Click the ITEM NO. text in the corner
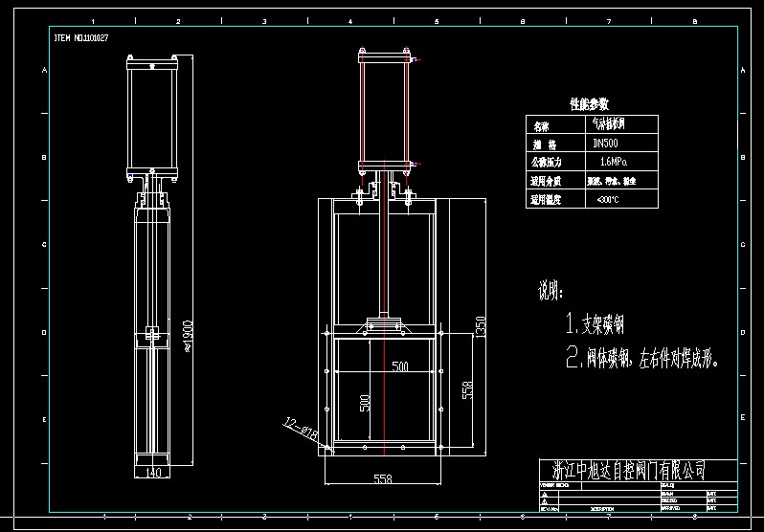[80, 37]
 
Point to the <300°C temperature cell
[607, 200]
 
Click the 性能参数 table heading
[589, 103]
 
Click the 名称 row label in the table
[542, 125]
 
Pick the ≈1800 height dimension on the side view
[188, 336]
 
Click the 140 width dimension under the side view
[152, 472]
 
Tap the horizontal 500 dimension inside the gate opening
[399, 366]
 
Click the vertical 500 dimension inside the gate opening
[365, 402]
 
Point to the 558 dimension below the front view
[382, 477]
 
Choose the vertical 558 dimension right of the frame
[467, 389]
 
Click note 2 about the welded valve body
[641, 358]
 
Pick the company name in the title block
[629, 469]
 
